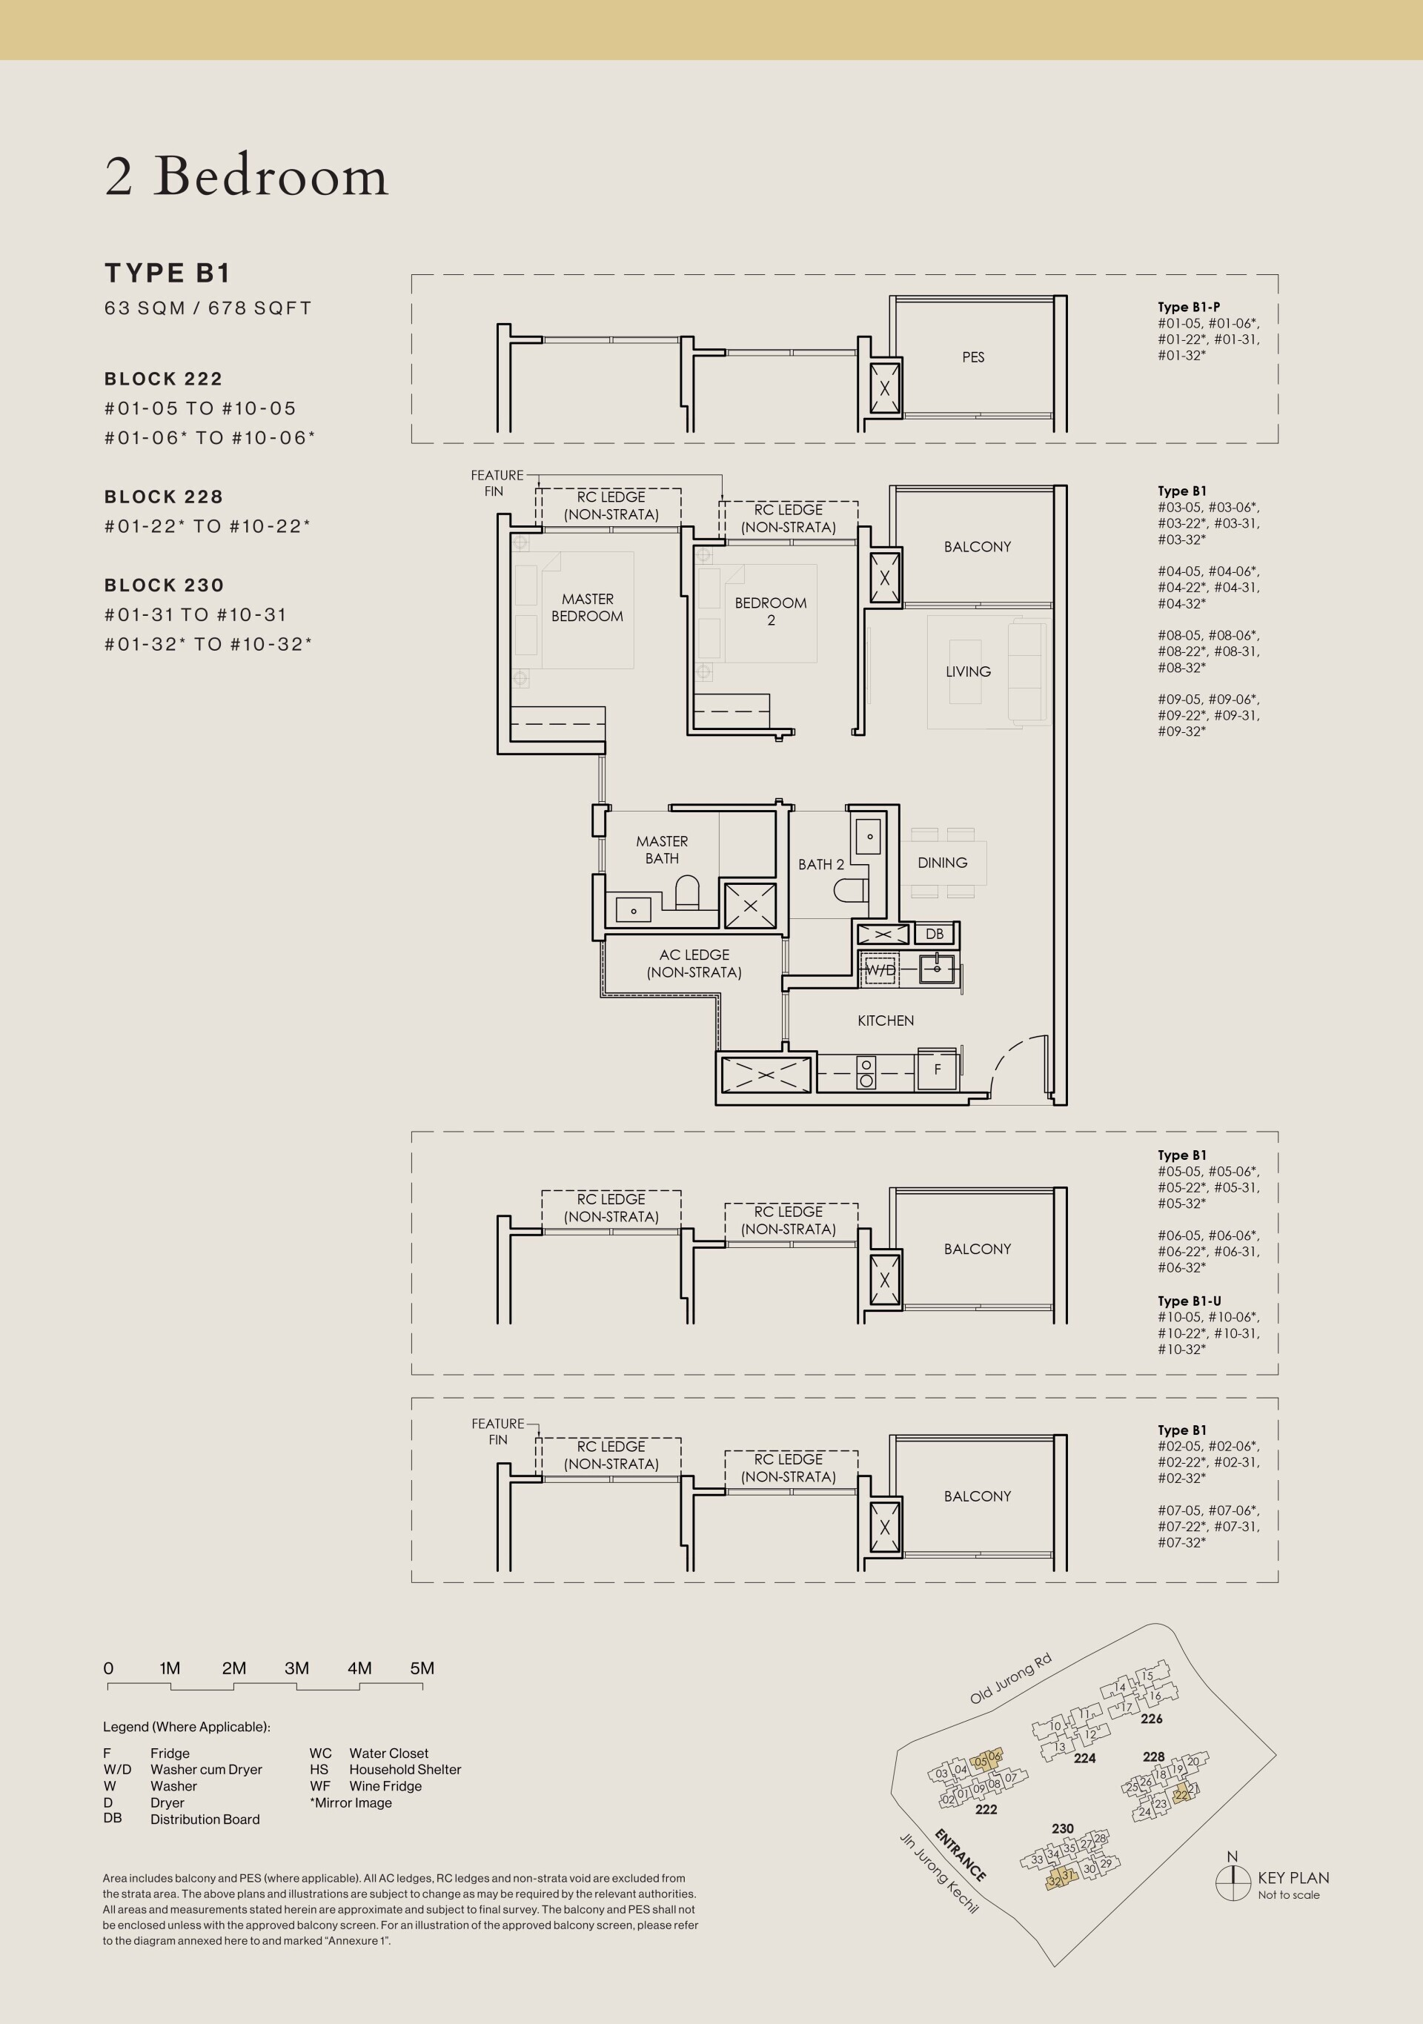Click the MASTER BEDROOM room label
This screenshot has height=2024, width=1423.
click(587, 608)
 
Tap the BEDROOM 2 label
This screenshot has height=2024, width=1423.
click(771, 611)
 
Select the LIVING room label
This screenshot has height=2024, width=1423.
click(968, 671)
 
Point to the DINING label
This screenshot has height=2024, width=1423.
click(943, 863)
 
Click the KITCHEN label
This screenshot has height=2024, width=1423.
click(886, 1021)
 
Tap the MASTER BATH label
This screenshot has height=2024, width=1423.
click(662, 850)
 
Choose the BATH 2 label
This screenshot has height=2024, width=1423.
click(821, 865)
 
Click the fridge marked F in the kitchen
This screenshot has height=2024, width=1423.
click(938, 1069)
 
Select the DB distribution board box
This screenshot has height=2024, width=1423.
click(935, 934)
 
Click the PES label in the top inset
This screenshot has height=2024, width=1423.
click(973, 357)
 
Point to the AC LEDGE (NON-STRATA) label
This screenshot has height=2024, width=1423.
click(694, 963)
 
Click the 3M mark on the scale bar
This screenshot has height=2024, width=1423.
click(297, 1668)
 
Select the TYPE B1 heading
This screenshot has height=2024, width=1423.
click(167, 273)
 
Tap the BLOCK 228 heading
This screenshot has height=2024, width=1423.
click(163, 497)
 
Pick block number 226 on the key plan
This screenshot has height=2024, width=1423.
click(1152, 1718)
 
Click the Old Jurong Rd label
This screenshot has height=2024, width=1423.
click(1010, 1679)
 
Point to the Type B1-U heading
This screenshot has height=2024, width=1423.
click(1190, 1301)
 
